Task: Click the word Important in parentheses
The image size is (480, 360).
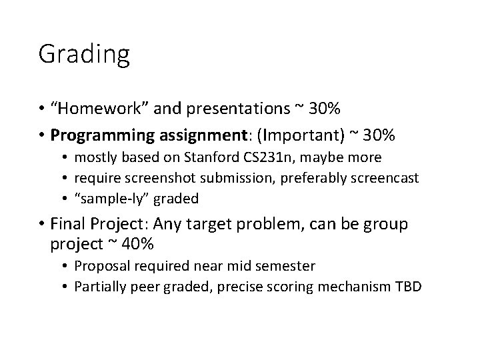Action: click(x=303, y=135)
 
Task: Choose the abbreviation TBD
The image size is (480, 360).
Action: click(x=407, y=287)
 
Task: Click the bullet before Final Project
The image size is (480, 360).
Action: click(x=42, y=225)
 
